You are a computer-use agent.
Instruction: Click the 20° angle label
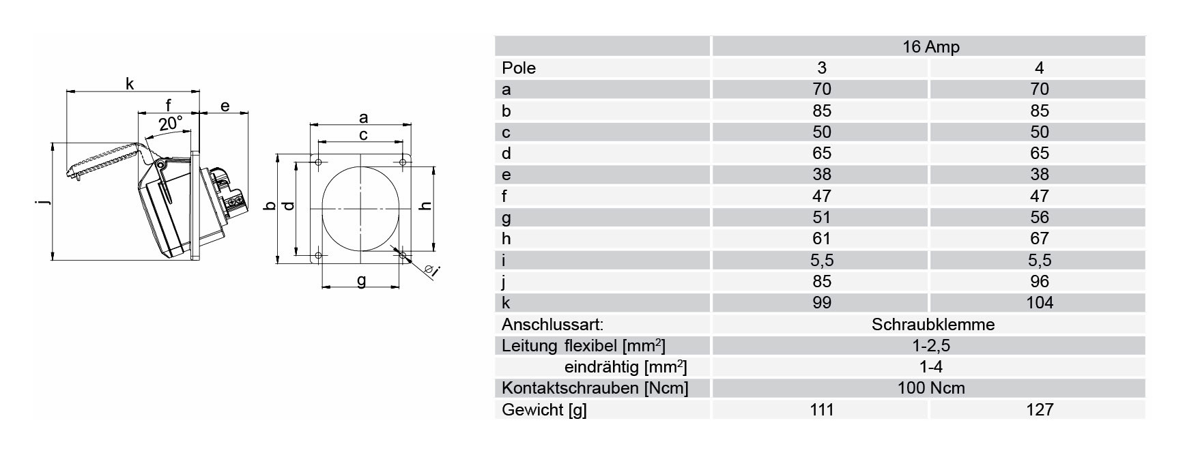171,124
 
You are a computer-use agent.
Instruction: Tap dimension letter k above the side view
130,83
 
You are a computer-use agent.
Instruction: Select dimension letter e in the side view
225,106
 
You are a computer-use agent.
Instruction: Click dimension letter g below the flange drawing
362,280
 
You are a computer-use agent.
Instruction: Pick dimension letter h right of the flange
426,205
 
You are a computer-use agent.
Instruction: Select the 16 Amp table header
930,47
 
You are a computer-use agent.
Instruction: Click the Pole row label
519,68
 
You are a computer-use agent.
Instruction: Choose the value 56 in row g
1039,217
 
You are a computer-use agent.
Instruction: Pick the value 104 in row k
1039,302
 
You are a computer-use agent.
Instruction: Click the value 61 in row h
822,238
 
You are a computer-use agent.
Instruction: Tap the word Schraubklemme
932,324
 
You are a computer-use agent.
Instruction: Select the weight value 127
1039,409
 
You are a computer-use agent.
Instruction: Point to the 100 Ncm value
931,388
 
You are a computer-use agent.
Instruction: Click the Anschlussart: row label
552,324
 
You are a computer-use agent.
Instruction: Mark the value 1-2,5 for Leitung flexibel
930,345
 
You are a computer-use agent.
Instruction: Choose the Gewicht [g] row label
544,410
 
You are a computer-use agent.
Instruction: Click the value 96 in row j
1039,281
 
